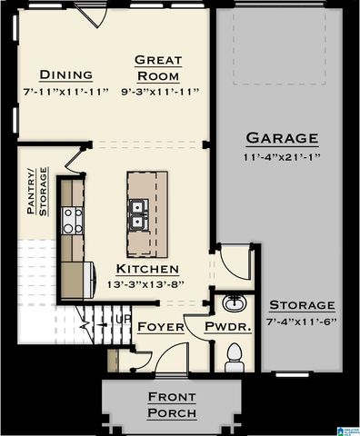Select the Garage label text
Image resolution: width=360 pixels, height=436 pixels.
[x=282, y=139]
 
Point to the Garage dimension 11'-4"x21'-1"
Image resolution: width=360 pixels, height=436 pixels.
[x=282, y=156]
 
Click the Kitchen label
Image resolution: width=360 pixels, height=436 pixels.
[x=146, y=270]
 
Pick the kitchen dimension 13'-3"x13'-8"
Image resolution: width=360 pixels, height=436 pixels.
[x=146, y=284]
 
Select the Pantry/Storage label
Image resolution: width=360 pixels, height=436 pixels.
[x=35, y=191]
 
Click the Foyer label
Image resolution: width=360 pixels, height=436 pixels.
[x=161, y=327]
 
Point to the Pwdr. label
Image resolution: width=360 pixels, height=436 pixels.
[x=223, y=327]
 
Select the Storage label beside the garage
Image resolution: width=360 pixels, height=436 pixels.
[x=301, y=306]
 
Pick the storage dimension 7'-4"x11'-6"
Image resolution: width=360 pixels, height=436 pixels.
[x=301, y=322]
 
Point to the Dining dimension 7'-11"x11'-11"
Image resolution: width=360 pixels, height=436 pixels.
[x=65, y=92]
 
